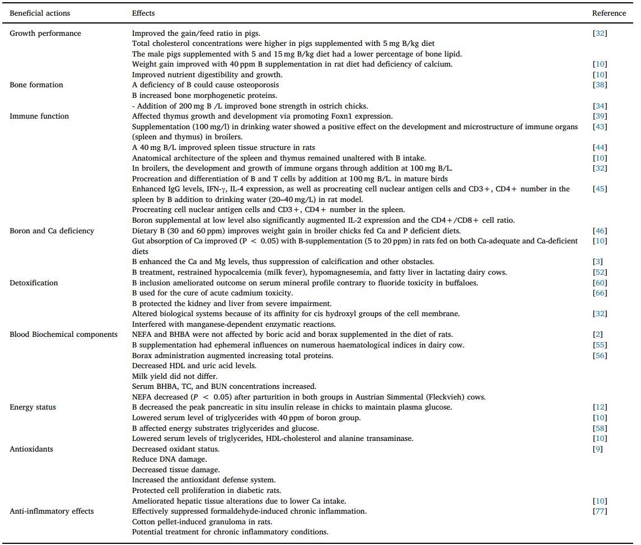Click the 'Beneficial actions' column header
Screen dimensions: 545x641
tap(40, 13)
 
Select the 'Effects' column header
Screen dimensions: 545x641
tap(143, 13)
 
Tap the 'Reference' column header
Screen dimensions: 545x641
tap(609, 13)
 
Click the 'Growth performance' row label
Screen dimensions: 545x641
tap(45, 33)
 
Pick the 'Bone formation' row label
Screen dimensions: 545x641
tap(36, 85)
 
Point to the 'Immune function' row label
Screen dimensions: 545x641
tap(39, 116)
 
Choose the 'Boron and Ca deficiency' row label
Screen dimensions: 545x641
tap(52, 231)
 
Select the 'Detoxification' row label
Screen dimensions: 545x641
tap(34, 283)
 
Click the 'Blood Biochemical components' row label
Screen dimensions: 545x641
tap(64, 335)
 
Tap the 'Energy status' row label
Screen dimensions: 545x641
tap(33, 407)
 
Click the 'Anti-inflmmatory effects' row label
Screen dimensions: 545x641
tap(52, 511)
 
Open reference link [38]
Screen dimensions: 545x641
tap(600, 85)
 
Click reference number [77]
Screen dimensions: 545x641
tap(600, 511)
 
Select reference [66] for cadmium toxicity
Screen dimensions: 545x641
tap(600, 293)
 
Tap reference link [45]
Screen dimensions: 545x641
tap(600, 189)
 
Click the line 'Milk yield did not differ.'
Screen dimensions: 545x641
tap(175, 376)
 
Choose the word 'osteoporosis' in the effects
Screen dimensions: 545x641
tap(259, 85)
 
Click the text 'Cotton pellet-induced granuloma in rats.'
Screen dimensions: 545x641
tap(194, 521)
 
